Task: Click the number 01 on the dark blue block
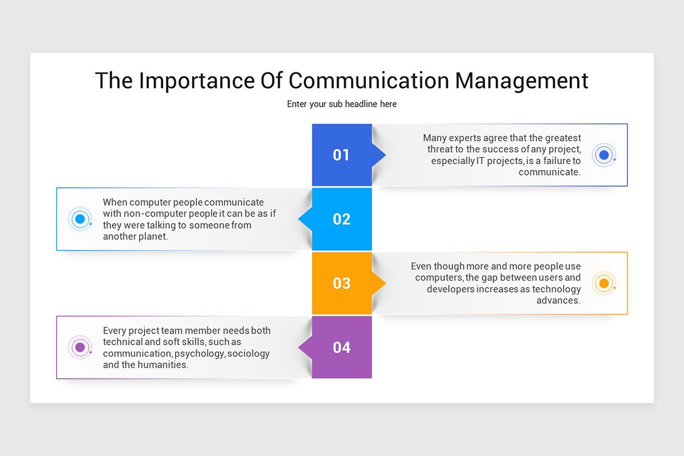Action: [341, 155]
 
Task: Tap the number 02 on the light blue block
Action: [341, 219]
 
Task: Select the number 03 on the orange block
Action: [341, 283]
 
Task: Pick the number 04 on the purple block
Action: [341, 347]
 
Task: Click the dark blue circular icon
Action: [604, 155]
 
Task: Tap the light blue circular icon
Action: [80, 219]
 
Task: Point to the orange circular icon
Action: [604, 283]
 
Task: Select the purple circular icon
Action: [80, 347]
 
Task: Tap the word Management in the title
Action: [521, 80]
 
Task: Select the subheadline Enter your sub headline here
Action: [341, 104]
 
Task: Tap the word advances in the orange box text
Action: [558, 300]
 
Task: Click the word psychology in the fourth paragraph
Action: [199, 353]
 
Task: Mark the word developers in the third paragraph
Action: [450, 289]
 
